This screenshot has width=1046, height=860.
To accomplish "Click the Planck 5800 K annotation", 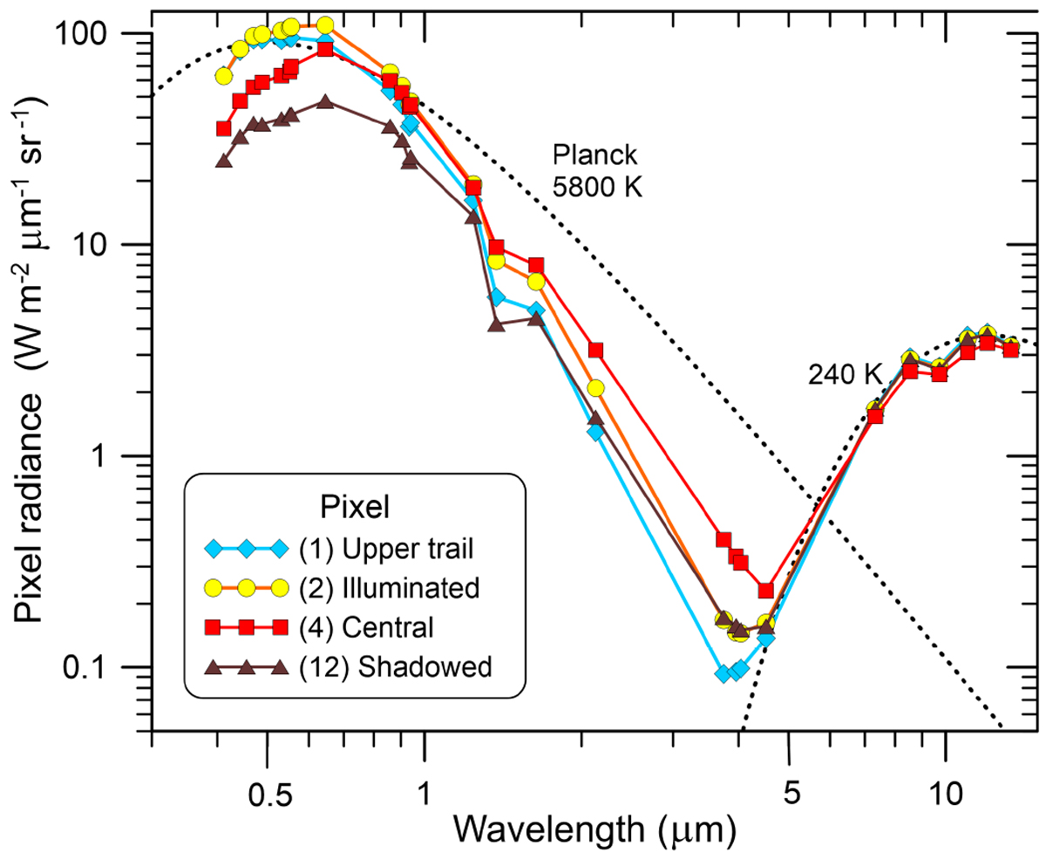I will [597, 171].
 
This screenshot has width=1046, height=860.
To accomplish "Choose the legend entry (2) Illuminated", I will [387, 587].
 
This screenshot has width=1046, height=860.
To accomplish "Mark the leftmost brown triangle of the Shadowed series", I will [223, 160].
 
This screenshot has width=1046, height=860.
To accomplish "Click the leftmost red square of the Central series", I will [223, 128].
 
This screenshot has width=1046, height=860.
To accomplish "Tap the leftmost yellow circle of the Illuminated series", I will [223, 76].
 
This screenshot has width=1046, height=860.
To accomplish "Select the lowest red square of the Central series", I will [766, 590].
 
